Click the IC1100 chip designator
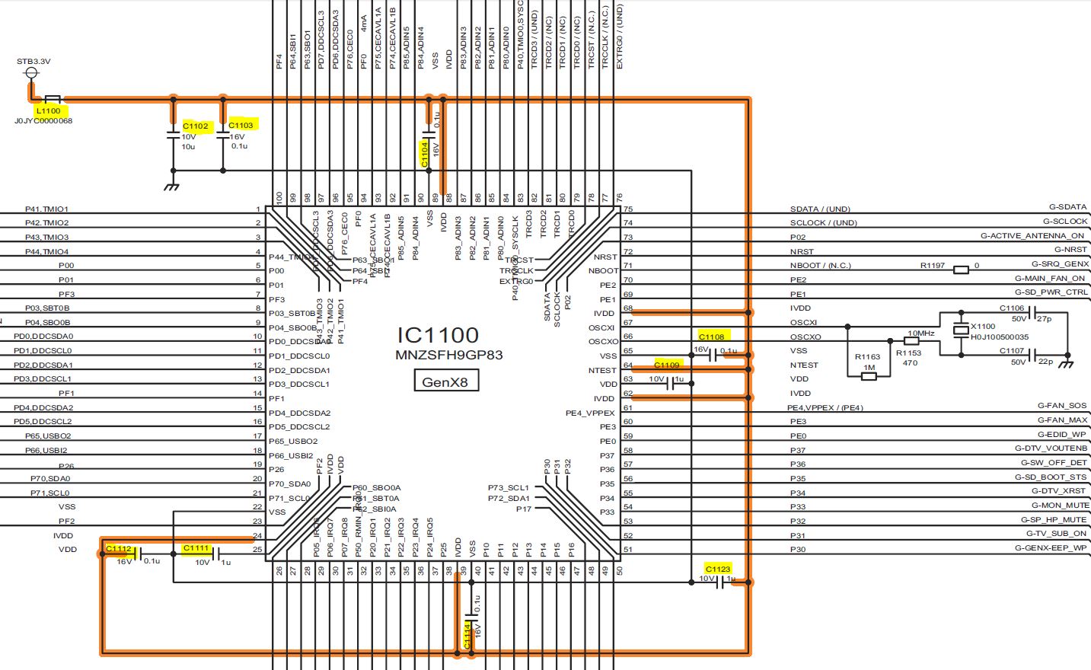(x=438, y=335)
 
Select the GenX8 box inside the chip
(x=445, y=381)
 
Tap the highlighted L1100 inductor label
(x=48, y=110)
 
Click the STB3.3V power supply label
(x=33, y=62)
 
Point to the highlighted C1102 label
(x=196, y=126)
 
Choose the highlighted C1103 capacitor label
(x=241, y=125)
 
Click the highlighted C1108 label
(x=712, y=337)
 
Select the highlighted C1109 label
(x=667, y=365)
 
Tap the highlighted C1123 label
(x=718, y=569)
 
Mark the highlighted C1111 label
(x=196, y=548)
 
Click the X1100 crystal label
(x=983, y=326)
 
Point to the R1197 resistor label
(x=933, y=266)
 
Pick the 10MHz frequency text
(x=920, y=333)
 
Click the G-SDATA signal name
(x=1067, y=207)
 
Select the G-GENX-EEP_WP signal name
(x=1051, y=547)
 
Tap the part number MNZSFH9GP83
(x=448, y=356)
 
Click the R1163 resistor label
(x=867, y=356)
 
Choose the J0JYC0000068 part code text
(x=43, y=121)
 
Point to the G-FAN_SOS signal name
(x=1062, y=406)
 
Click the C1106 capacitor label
(x=1012, y=308)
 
